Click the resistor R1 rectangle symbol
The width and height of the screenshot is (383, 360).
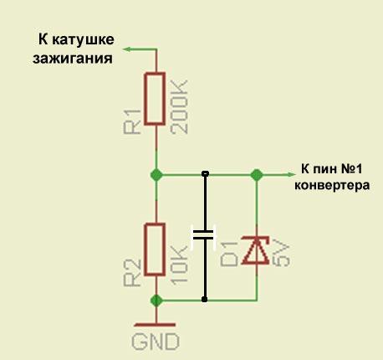click(155, 98)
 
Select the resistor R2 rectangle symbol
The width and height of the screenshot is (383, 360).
click(155, 249)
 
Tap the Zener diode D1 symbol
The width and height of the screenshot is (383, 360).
click(256, 250)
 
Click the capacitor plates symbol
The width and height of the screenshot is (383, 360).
click(204, 235)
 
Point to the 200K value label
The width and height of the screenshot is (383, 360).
click(179, 107)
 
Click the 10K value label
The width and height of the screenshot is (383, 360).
click(179, 265)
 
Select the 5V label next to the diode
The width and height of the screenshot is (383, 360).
click(281, 254)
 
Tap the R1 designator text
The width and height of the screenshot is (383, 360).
click(132, 122)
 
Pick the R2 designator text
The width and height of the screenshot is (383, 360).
click(132, 273)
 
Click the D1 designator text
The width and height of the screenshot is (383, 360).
click(229, 254)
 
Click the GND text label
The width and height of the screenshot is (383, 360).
click(156, 342)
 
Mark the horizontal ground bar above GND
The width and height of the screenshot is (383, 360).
click(155, 325)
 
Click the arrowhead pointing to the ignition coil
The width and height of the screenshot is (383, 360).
click(127, 49)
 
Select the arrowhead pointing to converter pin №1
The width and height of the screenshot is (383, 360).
click(291, 175)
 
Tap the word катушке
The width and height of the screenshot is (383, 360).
click(83, 39)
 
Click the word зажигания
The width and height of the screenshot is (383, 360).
click(73, 59)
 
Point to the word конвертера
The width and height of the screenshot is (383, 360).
click(332, 186)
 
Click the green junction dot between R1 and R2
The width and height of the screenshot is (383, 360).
click(156, 175)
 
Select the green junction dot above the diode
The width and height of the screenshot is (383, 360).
click(257, 175)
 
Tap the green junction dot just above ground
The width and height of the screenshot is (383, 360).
click(156, 301)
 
